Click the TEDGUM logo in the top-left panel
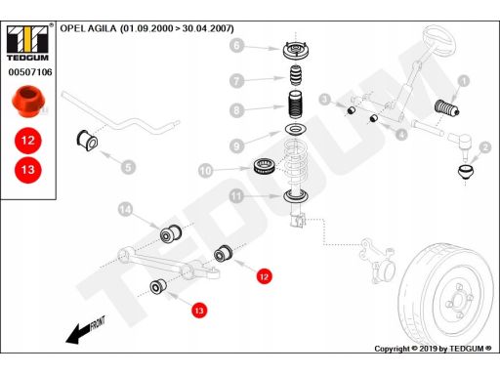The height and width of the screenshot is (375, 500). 27,43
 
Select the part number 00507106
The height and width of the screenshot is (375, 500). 30,72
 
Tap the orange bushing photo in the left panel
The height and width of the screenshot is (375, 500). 28,102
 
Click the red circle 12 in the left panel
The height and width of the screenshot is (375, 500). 28,141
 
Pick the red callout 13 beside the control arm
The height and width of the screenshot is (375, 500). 199,311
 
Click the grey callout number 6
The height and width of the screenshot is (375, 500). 236,45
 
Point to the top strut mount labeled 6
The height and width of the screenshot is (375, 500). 296,51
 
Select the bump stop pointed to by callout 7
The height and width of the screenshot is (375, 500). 296,76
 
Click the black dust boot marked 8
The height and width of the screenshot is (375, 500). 296,104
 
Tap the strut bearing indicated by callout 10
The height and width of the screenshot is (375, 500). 266,166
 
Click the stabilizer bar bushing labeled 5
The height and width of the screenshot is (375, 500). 87,141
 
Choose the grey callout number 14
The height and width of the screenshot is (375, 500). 125,209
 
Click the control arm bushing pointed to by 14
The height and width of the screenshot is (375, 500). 171,232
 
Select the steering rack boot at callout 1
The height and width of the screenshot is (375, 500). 447,107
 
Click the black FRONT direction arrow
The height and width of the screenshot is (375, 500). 85,330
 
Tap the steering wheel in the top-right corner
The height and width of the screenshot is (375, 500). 438,43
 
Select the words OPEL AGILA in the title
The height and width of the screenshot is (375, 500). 88,28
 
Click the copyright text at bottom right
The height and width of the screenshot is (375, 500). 433,349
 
